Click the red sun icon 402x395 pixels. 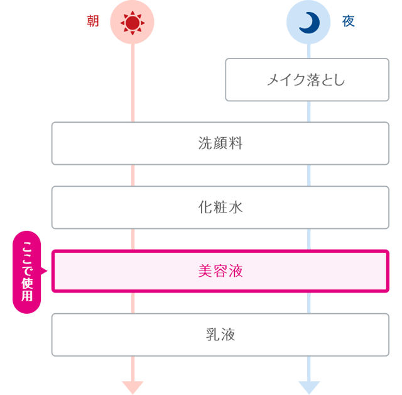(132, 23)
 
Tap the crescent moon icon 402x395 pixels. (308, 23)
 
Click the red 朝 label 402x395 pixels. (92, 22)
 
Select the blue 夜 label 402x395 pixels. (349, 22)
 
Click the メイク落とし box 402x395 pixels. (307, 80)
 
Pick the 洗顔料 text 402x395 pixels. (220, 143)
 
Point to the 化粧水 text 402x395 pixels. (220, 207)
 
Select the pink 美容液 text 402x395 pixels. (220, 271)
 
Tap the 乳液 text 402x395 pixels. (220, 335)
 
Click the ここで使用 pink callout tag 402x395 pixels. (28, 272)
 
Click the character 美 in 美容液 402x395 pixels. (205, 271)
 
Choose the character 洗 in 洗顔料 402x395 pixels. (205, 143)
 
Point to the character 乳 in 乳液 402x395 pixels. (212, 335)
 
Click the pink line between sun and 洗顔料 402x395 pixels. (133, 82)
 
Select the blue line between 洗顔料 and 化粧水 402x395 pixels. (308, 175)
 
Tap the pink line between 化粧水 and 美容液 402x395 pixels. (133, 239)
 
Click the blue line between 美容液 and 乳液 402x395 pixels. (308, 303)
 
